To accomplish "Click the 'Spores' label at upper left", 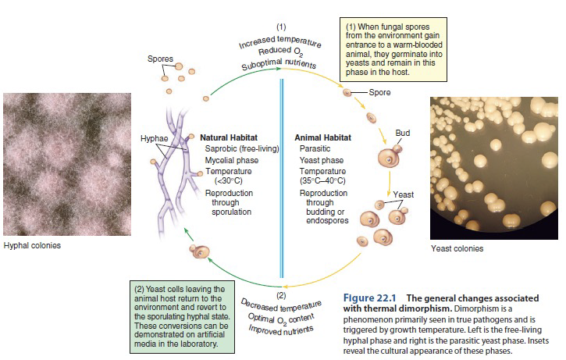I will [x=160, y=59].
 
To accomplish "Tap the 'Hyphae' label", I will [x=154, y=138].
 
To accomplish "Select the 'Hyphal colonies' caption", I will [x=32, y=245].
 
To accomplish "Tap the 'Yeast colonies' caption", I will [x=457, y=248].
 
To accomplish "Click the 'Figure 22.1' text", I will [x=369, y=298].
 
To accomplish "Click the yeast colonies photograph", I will [x=496, y=168].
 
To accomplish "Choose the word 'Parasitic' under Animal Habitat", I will [x=315, y=148].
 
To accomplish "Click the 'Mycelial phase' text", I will [x=230, y=159].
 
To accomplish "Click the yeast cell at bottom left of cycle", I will [x=198, y=251].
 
